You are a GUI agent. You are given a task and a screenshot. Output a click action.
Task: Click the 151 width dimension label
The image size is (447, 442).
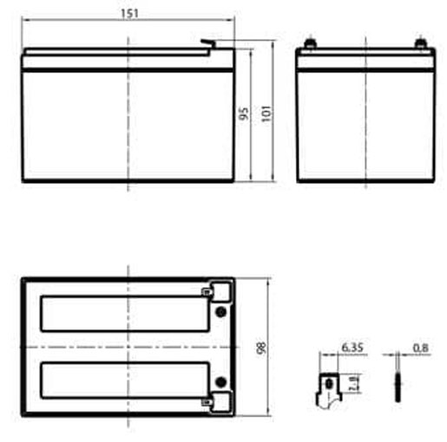(129, 14)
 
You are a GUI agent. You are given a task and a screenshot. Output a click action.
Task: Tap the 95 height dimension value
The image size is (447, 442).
(244, 114)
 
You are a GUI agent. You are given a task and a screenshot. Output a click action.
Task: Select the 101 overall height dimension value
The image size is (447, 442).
(266, 114)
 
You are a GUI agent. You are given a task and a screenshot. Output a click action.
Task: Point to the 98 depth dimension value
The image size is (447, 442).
(261, 348)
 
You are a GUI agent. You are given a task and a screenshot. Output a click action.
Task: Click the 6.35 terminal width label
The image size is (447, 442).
(352, 348)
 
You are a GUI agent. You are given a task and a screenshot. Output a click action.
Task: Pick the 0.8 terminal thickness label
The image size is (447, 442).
(420, 348)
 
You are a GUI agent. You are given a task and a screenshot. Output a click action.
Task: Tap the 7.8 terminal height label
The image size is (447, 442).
(355, 383)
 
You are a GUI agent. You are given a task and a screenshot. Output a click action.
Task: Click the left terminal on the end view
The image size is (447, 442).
(310, 42)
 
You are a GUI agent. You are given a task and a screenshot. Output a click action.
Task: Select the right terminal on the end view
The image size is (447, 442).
(420, 42)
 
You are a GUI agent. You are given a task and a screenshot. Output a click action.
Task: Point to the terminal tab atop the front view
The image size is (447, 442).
(209, 45)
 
